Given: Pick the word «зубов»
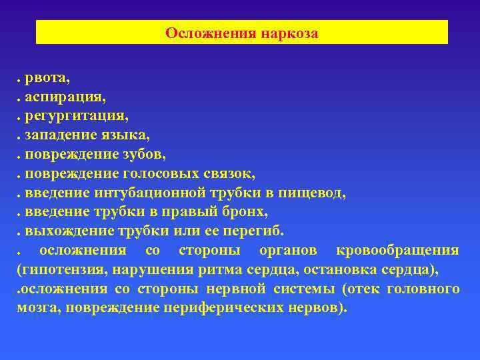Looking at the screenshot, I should [144, 155].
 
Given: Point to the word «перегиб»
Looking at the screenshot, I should [257, 231].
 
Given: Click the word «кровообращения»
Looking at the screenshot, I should [397, 251].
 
